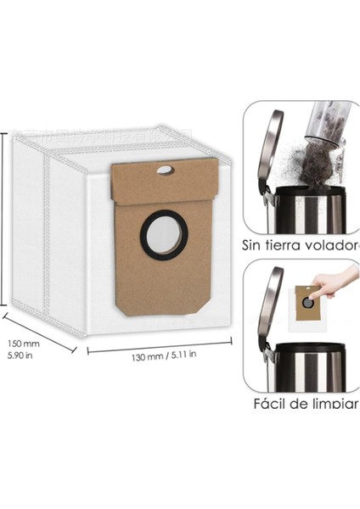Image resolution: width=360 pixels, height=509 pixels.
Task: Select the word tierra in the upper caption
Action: [x=287, y=247]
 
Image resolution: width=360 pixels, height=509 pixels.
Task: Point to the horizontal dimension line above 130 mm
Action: [x=159, y=342]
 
